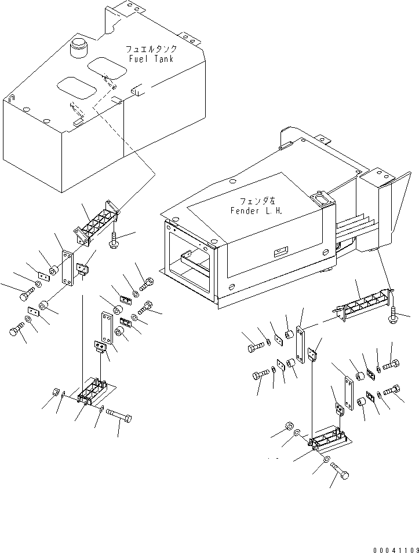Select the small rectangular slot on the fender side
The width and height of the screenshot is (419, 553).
pos(280,250)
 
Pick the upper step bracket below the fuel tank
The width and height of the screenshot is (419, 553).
pos(96,223)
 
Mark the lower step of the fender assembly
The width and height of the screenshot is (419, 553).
pos(329,438)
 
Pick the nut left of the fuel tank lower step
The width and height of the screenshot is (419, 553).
pos(57,392)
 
